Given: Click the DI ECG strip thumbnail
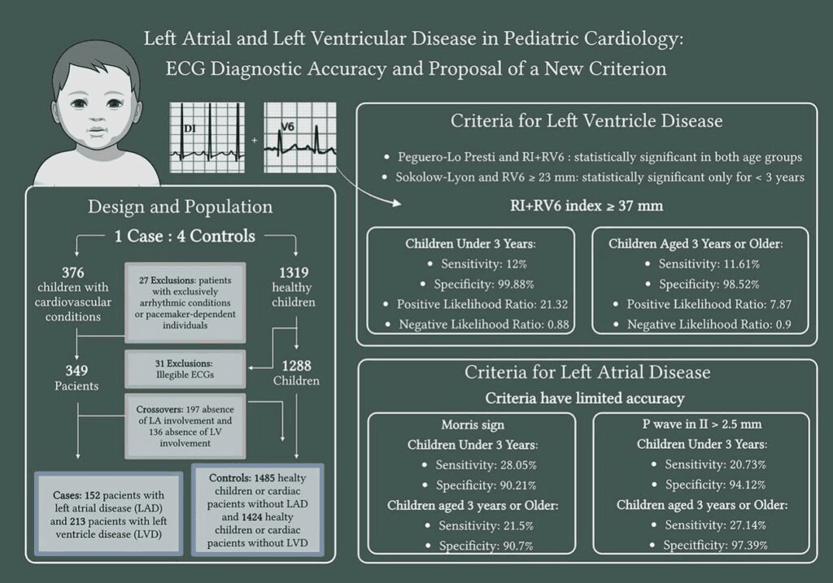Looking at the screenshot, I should point(211,137).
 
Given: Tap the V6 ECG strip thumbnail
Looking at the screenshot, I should point(299,137).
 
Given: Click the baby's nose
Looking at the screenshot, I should point(97,119).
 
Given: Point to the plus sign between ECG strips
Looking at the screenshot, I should point(255,141).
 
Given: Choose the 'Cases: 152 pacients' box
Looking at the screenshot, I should point(108,514).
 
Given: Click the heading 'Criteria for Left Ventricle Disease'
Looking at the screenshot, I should point(587,121).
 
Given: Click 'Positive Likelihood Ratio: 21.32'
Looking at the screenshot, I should point(471,304).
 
